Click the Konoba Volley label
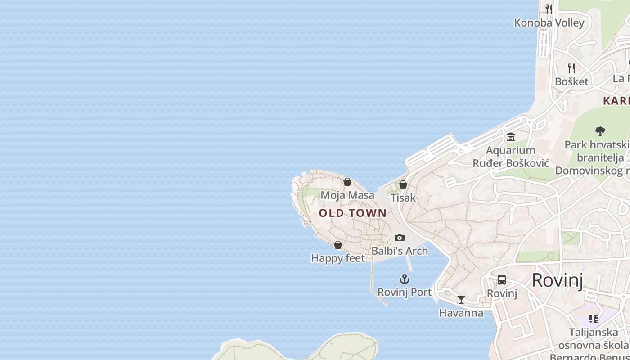click(x=549, y=22)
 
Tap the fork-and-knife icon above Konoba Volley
click(x=549, y=9)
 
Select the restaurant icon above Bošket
click(x=571, y=68)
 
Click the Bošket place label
click(x=571, y=81)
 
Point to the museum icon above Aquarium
click(x=511, y=137)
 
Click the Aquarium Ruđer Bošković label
click(x=511, y=157)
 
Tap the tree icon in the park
click(x=600, y=131)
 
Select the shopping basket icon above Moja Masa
click(x=347, y=182)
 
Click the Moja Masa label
click(x=347, y=195)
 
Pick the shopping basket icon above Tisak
click(x=403, y=184)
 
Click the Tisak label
click(x=403, y=198)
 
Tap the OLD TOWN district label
click(x=353, y=213)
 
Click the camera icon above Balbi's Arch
click(x=400, y=238)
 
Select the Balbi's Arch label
click(x=400, y=251)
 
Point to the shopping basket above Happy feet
click(x=338, y=245)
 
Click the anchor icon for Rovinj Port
click(x=405, y=279)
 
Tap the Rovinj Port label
click(x=405, y=292)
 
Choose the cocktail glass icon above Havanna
click(x=461, y=300)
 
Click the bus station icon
click(x=502, y=280)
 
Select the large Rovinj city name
click(x=557, y=280)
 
